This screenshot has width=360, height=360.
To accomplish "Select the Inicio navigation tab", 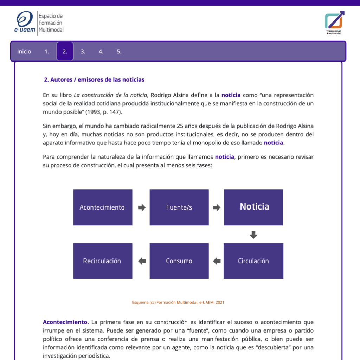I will tap(24, 51).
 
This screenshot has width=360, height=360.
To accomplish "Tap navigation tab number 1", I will tap(47, 51).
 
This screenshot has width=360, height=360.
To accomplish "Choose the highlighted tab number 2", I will tap(65, 51).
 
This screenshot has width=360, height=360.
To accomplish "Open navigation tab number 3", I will tap(83, 51).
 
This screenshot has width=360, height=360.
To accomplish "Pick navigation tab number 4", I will tap(101, 51).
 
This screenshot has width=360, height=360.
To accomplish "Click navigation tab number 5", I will tap(119, 51).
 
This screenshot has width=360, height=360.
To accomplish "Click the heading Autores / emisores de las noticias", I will tap(94, 79).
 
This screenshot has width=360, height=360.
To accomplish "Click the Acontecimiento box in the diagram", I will tap(103, 207).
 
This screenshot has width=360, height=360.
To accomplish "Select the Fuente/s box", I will tap(179, 207).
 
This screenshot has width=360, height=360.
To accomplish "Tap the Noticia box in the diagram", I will tap(253, 207).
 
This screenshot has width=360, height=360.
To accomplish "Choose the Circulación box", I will tap(253, 261).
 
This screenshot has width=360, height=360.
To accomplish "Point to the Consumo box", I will tap(179, 261).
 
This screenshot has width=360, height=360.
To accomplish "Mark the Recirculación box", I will tap(103, 261).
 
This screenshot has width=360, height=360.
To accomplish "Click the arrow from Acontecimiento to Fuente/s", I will tap(141, 207).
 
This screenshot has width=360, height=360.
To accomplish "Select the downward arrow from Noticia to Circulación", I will tap(253, 234).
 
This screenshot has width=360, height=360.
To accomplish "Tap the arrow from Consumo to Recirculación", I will tap(142, 261).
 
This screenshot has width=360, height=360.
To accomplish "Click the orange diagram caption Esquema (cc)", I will tap(178, 302).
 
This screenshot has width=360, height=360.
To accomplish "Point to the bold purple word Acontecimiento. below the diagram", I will tap(66, 322).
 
